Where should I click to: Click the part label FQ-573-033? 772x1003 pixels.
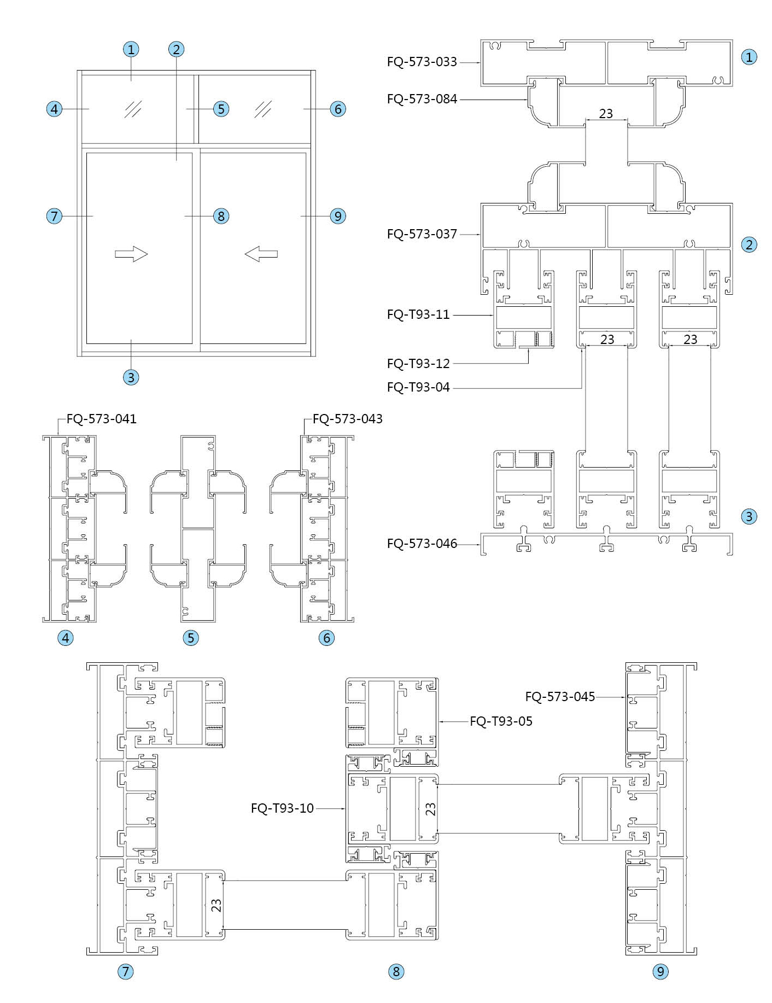point(422,62)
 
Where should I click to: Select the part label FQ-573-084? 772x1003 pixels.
point(422,99)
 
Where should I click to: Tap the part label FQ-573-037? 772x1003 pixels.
point(422,234)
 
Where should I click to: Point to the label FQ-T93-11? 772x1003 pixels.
point(418,314)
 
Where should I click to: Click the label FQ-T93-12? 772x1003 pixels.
point(418,363)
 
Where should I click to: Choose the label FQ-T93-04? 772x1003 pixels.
point(418,387)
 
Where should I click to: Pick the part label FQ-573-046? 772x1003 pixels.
point(422,544)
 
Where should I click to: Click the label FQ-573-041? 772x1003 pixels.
point(102,419)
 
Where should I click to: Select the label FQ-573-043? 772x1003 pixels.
point(348,419)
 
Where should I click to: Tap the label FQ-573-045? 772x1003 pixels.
point(560,697)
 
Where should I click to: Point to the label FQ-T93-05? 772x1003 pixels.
point(501,721)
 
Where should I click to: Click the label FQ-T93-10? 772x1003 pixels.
point(282,808)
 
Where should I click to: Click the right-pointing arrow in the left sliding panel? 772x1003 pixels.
point(131,254)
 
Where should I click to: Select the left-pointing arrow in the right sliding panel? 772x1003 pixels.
point(261,254)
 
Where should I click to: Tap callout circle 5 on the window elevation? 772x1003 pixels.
point(221,109)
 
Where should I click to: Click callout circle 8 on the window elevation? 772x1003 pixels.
point(221,216)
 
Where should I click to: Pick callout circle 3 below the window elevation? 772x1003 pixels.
point(131,377)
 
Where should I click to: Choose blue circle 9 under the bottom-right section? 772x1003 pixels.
point(660,971)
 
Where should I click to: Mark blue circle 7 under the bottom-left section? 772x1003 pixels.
point(126,971)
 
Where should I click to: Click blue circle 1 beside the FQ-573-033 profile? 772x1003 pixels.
point(749,57)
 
